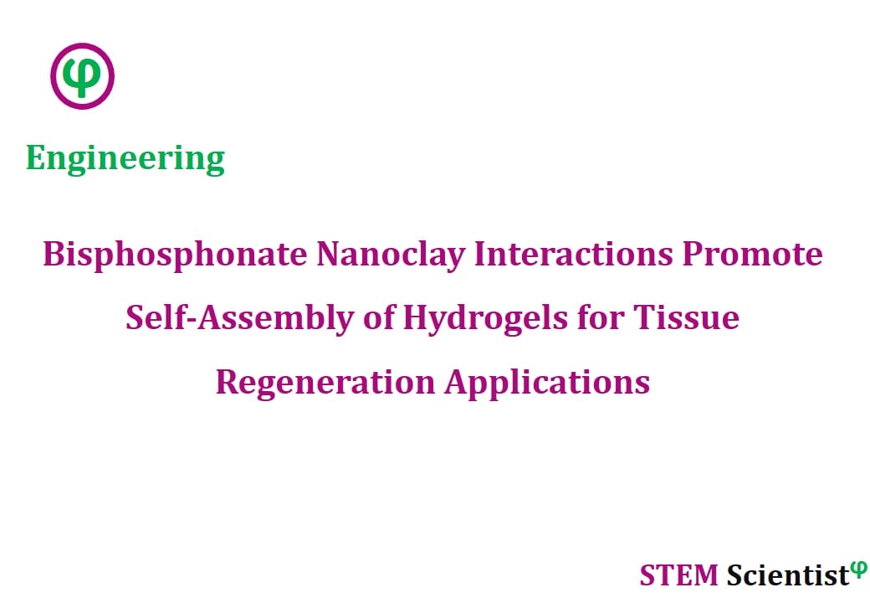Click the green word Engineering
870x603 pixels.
(125, 159)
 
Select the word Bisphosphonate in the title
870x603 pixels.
(176, 255)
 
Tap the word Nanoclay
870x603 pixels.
(391, 255)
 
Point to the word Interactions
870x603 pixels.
(574, 255)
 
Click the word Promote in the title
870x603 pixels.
(752, 255)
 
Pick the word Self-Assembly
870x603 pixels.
(240, 319)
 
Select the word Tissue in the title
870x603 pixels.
(686, 317)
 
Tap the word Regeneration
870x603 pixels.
(325, 383)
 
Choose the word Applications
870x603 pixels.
(547, 383)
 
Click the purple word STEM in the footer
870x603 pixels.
(679, 575)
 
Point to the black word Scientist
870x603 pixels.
(788, 575)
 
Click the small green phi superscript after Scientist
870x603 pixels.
(858, 569)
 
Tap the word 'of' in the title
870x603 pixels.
(379, 317)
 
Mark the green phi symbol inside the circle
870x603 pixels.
(82, 76)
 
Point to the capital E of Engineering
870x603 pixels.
(35, 158)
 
